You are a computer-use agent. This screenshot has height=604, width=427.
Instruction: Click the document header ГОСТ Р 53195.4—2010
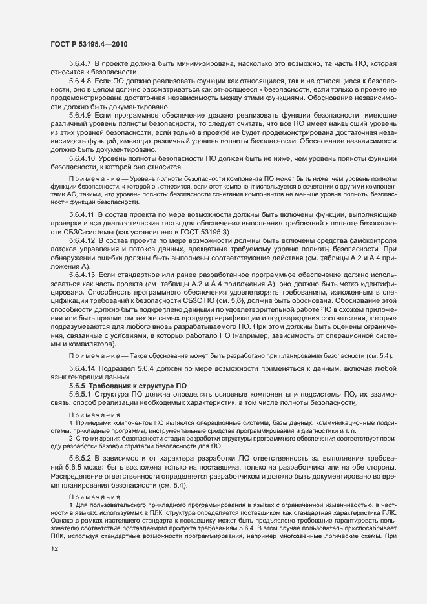(89, 43)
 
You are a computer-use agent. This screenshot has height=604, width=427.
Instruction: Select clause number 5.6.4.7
(81, 65)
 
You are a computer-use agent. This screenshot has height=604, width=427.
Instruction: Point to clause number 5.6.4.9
(81, 116)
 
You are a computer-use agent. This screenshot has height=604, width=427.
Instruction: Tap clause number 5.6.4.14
(83, 369)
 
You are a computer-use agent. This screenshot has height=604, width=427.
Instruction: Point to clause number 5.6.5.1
(81, 394)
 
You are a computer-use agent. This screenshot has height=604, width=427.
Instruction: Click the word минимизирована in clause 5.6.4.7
(207, 65)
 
